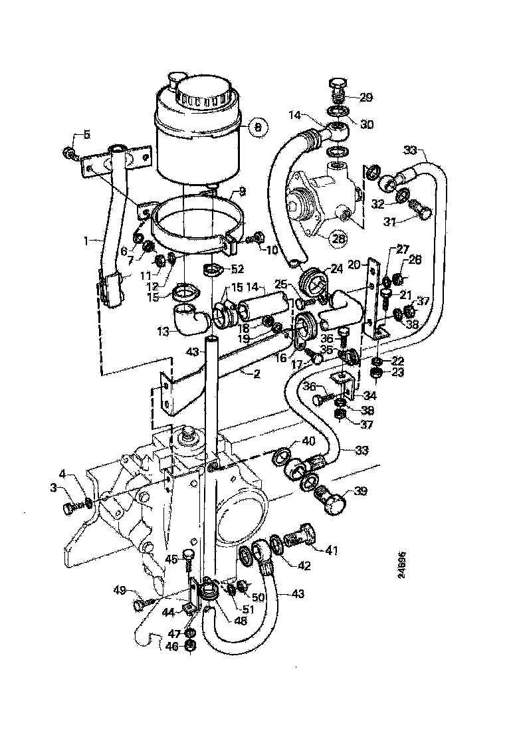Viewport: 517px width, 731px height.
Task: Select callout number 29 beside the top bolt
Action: [x=366, y=97]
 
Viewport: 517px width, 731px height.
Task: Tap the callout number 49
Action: [x=120, y=589]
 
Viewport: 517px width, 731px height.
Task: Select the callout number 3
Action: [x=53, y=488]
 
